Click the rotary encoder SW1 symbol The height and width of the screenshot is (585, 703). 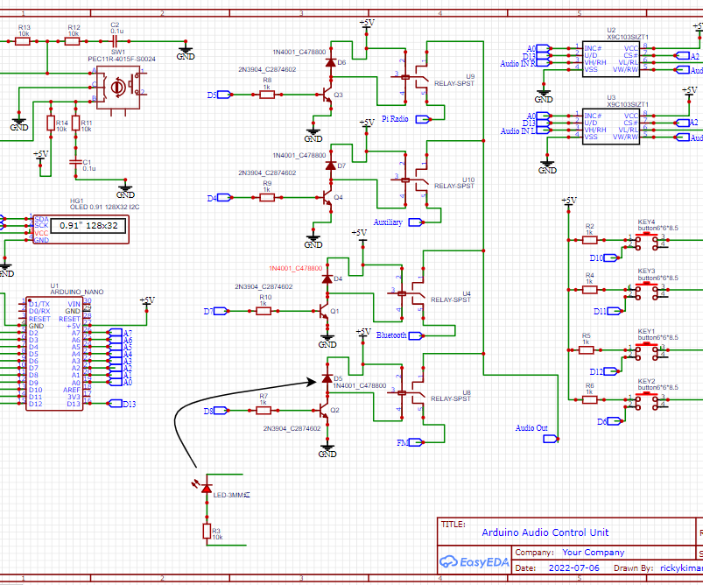tap(117, 86)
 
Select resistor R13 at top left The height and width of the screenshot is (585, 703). tap(24, 40)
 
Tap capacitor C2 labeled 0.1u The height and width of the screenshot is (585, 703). tap(115, 40)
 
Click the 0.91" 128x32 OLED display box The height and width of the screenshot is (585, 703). tap(88, 226)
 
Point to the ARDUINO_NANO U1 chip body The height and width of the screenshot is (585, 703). tap(60, 351)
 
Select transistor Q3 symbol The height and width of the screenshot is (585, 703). tap(327, 95)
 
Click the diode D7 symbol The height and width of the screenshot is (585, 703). tap(330, 166)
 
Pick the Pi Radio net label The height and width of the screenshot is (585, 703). tap(395, 118)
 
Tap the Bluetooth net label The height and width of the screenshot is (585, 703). tap(390, 335)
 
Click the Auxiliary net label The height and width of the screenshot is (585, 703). tap(388, 222)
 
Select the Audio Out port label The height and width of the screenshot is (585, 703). tap(531, 428)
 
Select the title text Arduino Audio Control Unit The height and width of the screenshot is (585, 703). tap(545, 532)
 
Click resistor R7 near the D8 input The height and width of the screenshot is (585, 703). tap(263, 410)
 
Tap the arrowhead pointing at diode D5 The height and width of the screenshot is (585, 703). tap(313, 381)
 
